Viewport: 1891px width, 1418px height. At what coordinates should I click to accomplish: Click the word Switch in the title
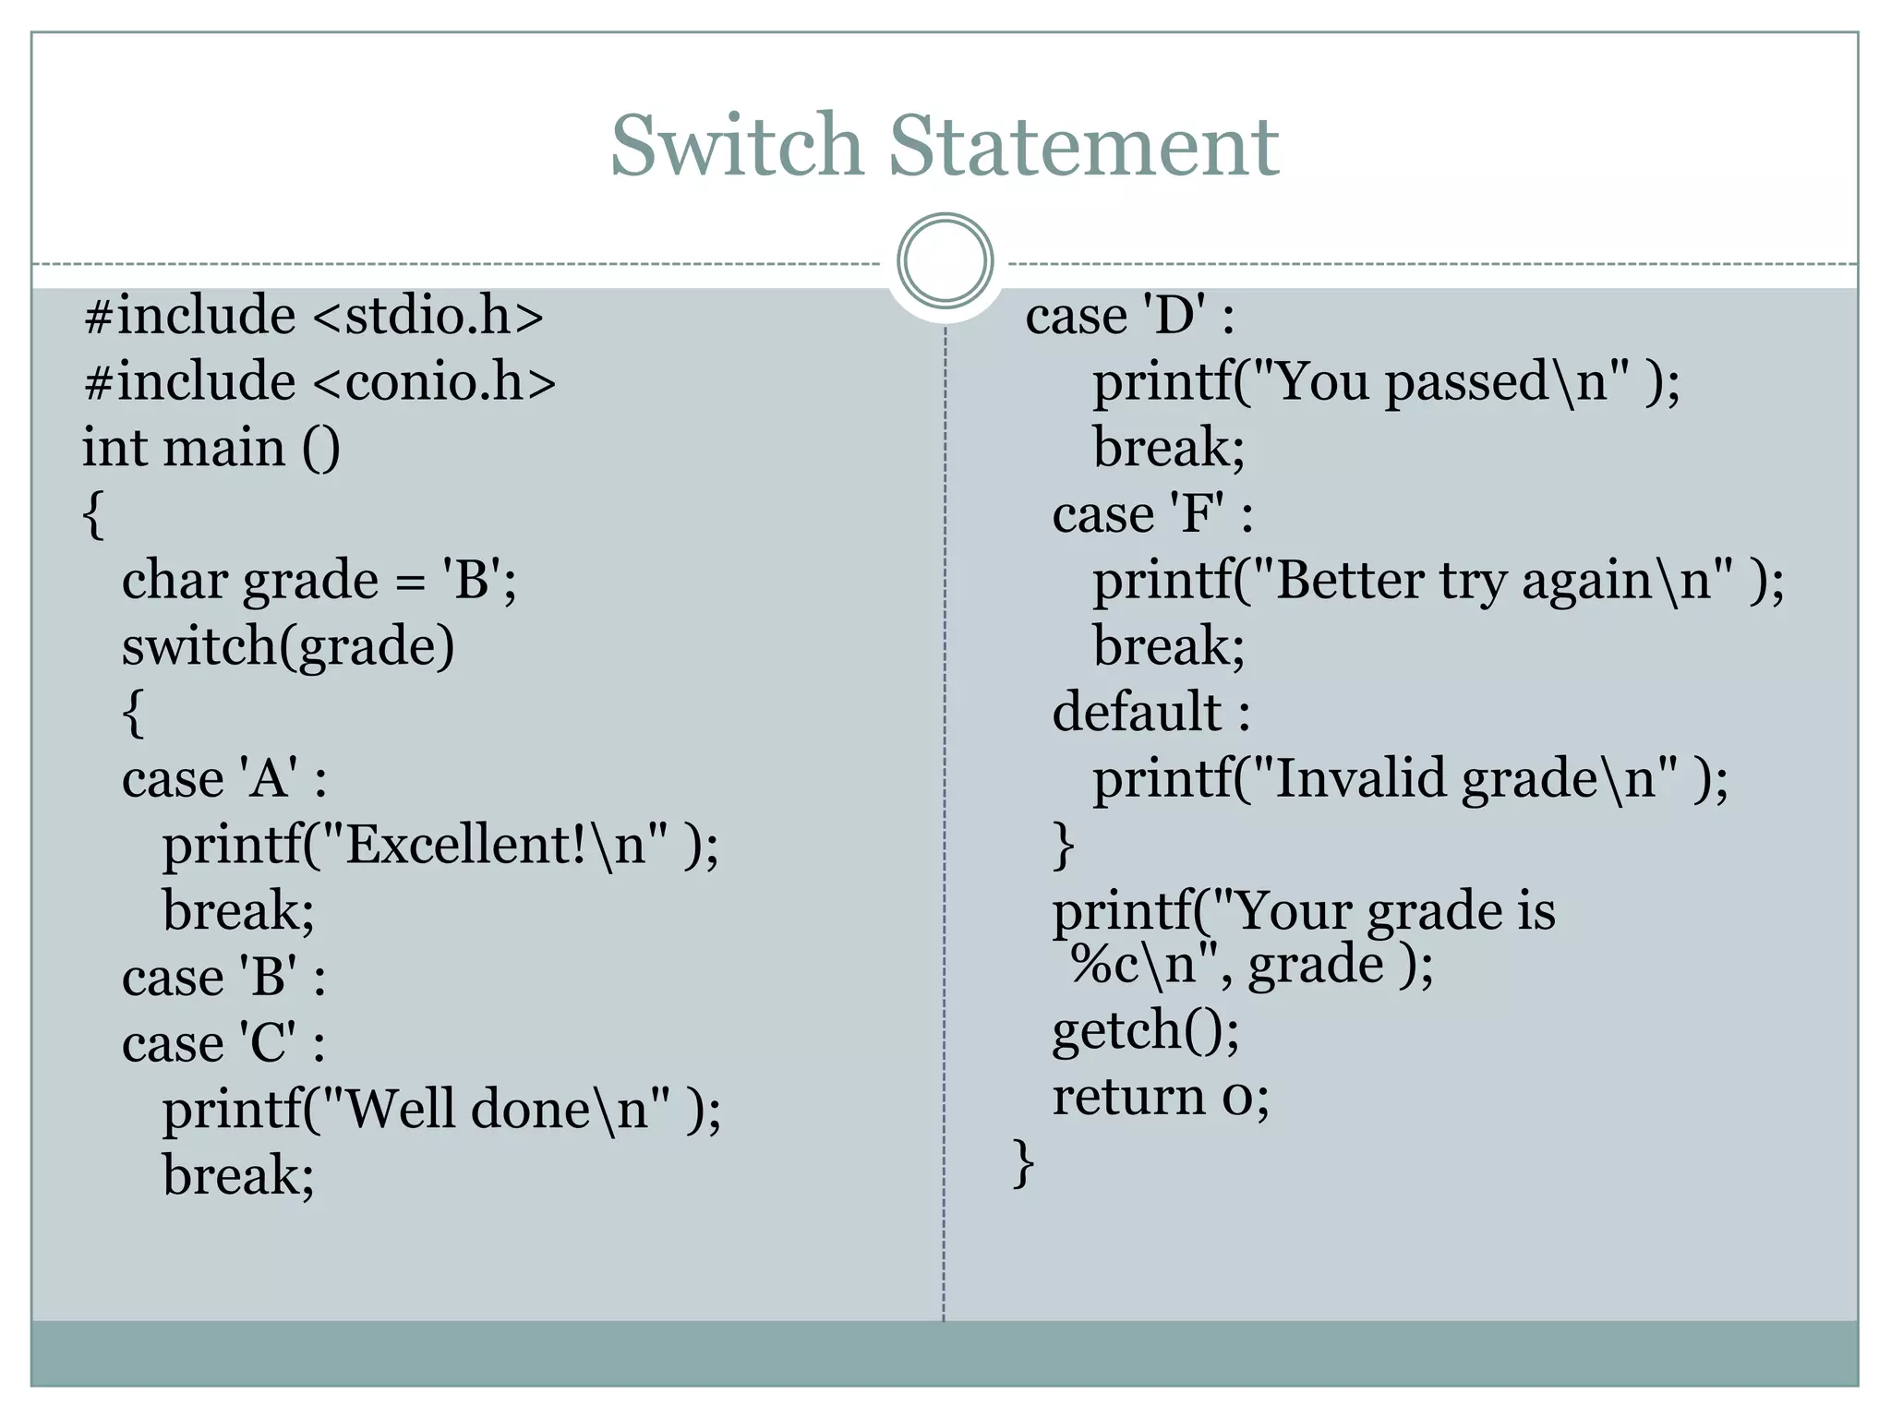736,146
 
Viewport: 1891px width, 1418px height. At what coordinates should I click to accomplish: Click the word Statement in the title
1083,146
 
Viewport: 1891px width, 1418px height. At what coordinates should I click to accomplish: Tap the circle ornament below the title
945,260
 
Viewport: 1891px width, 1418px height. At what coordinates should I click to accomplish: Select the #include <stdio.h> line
314,316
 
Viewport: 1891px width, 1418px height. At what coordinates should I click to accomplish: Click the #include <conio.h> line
319,382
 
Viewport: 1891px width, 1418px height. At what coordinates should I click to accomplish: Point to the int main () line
211,449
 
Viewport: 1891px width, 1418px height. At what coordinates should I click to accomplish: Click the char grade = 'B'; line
319,581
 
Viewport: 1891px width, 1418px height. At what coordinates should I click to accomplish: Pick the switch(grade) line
288,646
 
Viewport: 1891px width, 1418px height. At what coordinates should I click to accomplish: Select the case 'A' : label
224,778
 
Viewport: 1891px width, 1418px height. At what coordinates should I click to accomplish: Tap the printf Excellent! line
440,845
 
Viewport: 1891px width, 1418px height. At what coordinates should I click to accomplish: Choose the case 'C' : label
223,1043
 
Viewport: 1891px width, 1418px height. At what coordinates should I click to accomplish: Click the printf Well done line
441,1109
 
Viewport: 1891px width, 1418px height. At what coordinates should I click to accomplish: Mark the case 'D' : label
1129,316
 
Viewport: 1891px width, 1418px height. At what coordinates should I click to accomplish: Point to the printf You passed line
1386,382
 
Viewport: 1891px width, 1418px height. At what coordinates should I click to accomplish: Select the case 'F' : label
1152,514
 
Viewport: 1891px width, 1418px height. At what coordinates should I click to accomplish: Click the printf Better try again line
1438,581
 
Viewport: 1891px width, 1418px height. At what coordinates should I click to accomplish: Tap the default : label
1151,713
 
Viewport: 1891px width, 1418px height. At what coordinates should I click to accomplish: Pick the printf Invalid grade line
1410,778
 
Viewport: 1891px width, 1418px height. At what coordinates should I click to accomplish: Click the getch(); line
1146,1030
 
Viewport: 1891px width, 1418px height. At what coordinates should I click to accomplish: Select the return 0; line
1161,1097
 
